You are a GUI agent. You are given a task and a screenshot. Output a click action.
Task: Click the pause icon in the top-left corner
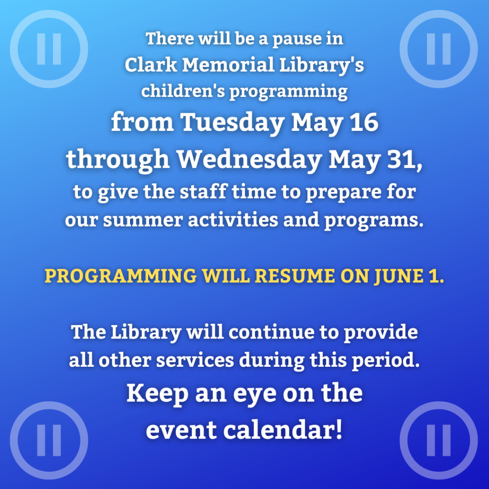coord(49,49)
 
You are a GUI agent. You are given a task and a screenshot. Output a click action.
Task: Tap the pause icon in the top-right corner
coord(438,49)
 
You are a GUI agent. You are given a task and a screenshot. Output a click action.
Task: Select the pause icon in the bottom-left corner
coord(49,440)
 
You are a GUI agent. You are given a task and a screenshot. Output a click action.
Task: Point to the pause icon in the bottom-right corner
coord(438,440)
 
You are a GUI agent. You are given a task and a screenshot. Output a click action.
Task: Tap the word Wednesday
coord(249,160)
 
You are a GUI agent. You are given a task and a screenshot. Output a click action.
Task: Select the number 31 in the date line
coord(404,159)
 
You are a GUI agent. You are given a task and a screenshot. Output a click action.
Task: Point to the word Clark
coord(151,65)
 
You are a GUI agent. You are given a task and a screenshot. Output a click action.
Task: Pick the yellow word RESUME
coord(295,276)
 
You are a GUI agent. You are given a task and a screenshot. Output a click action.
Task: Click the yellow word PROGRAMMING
coord(121,276)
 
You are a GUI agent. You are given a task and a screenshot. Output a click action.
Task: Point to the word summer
coord(143,220)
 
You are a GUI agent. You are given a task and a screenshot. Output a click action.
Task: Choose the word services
coord(195,360)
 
